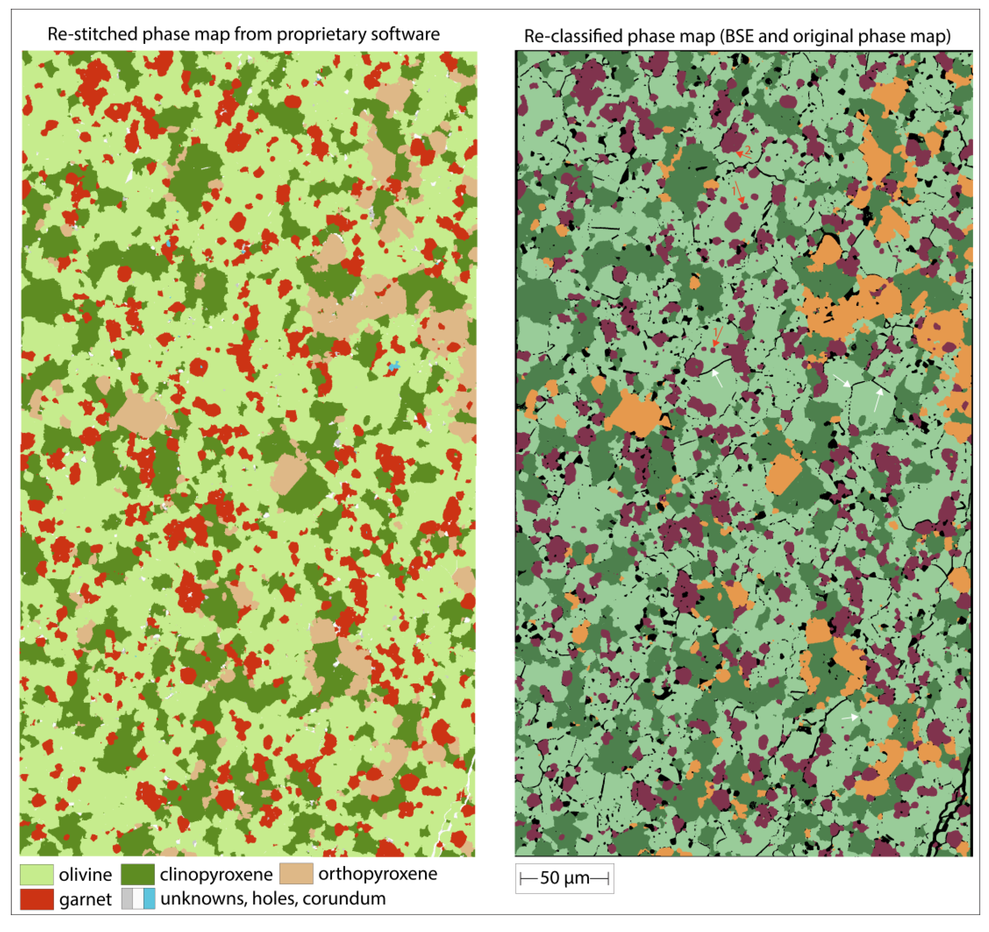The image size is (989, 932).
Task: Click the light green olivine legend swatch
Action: [36, 874]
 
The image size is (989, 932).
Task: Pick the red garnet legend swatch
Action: [36, 899]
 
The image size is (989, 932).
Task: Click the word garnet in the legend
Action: [85, 900]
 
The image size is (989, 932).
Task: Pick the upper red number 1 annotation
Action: [734, 190]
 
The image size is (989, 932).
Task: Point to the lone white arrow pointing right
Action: [850, 717]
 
